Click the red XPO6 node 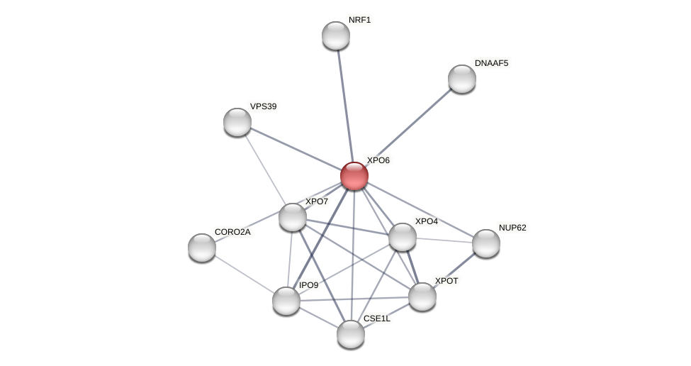click(354, 176)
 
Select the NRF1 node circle click(336, 35)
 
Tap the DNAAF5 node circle click(462, 79)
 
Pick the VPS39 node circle click(237, 122)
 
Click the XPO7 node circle click(293, 217)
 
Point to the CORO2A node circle click(202, 248)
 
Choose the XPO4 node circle click(403, 237)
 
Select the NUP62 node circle click(486, 243)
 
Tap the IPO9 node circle click(286, 301)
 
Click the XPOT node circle click(422, 296)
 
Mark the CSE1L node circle click(351, 334)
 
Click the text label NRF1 click(359, 20)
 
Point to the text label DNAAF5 click(491, 63)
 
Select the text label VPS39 click(263, 106)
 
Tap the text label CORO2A click(232, 232)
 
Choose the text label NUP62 click(512, 228)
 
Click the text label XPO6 click(378, 160)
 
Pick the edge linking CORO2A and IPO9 click(244, 274)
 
